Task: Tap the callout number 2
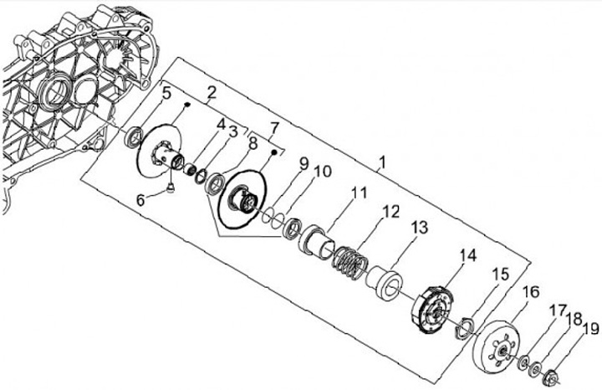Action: [212, 92]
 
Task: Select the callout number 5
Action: [167, 94]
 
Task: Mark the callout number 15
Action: [500, 275]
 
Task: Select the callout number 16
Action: [531, 291]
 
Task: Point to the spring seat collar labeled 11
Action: [319, 240]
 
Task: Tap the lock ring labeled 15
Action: [466, 328]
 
